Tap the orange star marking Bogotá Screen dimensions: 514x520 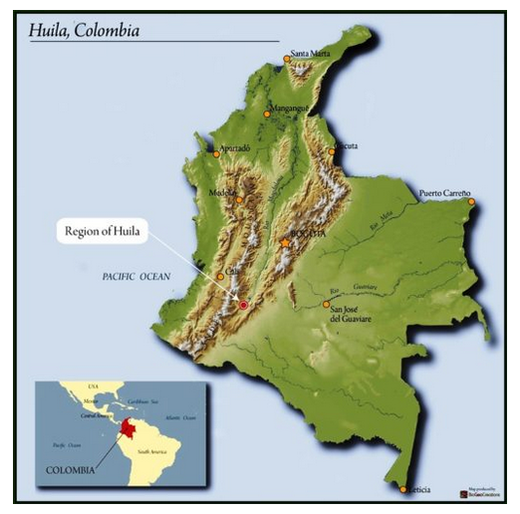pos(286,242)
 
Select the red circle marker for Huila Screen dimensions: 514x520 pos(243,305)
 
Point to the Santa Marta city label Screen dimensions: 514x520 pos(312,53)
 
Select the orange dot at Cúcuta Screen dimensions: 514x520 pos(332,151)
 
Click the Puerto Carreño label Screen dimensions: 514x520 pos(444,192)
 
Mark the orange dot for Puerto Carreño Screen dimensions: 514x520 pos(471,202)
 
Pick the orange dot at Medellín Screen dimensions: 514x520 pos(239,199)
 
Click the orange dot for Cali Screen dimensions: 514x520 pos(221,276)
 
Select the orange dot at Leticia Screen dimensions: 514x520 pos(403,489)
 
